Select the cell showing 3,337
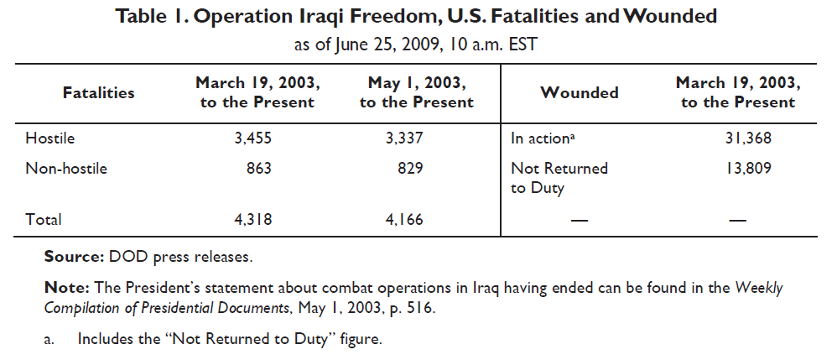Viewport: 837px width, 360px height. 403,138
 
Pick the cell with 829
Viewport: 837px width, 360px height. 410,168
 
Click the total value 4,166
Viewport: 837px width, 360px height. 403,220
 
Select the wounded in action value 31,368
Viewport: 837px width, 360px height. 748,138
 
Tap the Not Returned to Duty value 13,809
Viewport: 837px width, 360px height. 748,168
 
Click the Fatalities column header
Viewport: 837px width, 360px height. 98,93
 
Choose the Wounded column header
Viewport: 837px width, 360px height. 580,93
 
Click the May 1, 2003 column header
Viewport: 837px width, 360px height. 416,92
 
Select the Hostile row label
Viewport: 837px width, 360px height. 50,138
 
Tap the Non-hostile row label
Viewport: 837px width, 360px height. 66,168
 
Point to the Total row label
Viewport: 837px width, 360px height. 44,220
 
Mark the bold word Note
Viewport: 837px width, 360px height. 64,287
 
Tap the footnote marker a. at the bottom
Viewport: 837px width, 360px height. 49,340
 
